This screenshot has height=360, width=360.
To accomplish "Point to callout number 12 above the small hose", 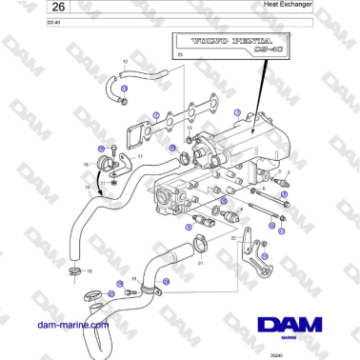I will pyautogui.click(x=125, y=61).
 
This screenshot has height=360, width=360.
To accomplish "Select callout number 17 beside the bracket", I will pyautogui.click(x=140, y=156).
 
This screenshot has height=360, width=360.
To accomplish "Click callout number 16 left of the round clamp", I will pyautogui.click(x=86, y=165).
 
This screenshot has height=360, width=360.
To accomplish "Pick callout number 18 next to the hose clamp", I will pyautogui.click(x=90, y=270).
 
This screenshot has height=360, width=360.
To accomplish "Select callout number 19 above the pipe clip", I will pyautogui.click(x=133, y=278).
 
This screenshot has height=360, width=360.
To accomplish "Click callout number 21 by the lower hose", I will pyautogui.click(x=201, y=262).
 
